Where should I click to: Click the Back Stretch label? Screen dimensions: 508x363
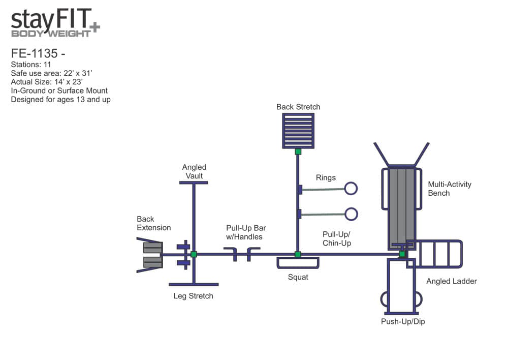298,107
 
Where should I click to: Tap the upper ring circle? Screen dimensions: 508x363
351,183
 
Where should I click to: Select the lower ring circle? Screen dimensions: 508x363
351,208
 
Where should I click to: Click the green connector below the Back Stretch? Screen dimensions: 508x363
298,152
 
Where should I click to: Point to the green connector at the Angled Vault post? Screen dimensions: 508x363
194,254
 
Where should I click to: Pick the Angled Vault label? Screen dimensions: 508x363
194,171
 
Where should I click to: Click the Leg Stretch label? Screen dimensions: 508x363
193,296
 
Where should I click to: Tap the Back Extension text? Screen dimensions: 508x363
153,223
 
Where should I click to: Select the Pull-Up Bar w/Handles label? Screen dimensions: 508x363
246,232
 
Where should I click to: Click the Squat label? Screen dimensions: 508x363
298,277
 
